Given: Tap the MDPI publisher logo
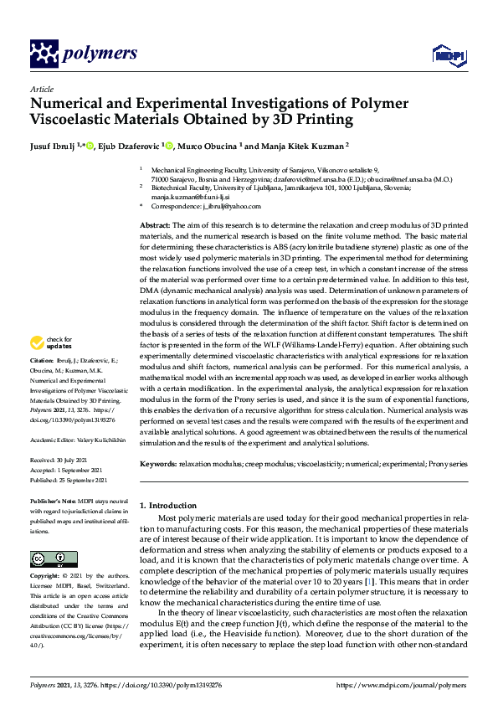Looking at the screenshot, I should [x=447, y=55].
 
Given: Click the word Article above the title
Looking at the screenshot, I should [x=41, y=89].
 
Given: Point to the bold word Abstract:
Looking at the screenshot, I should [x=155, y=226].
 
